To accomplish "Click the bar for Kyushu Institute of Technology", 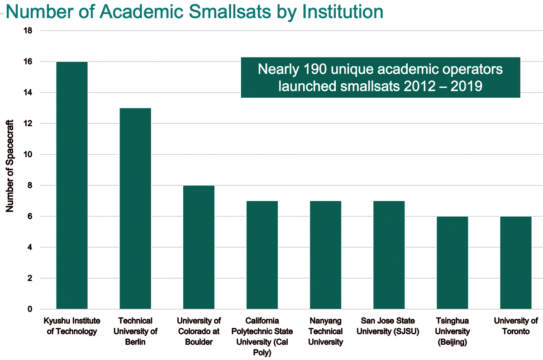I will tap(71, 185).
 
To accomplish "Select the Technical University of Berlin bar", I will tap(135, 208).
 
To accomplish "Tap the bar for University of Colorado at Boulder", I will tap(199, 247).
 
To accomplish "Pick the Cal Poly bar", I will tap(262, 255).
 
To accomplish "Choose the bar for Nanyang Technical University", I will tap(325, 255).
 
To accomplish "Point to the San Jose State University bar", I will tap(389, 255).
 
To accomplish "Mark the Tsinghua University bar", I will tap(452, 263).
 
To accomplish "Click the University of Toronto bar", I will tap(515, 263).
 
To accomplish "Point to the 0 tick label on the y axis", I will tap(30, 309).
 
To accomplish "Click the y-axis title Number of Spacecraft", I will tap(10, 166).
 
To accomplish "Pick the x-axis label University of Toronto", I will tap(515, 326).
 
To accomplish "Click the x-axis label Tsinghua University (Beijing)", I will tap(452, 331).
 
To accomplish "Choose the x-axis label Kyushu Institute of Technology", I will tap(71, 326).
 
